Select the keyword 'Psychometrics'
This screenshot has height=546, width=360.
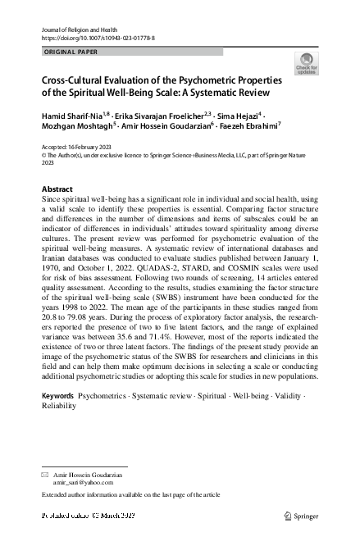103,396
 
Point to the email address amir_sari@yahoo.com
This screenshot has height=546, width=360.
80,484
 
